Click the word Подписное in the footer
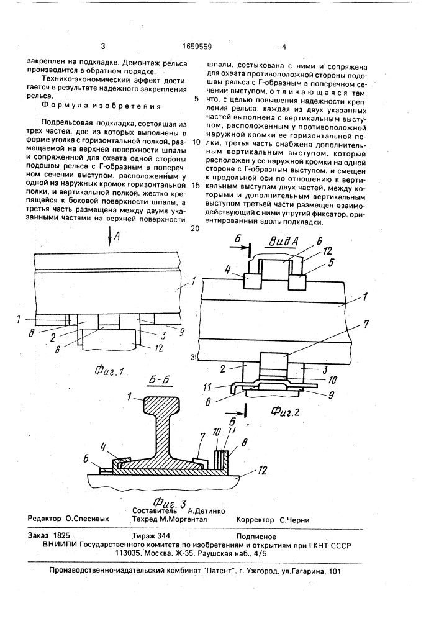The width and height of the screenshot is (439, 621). click(255, 535)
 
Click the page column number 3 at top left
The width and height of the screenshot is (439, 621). click(103, 46)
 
